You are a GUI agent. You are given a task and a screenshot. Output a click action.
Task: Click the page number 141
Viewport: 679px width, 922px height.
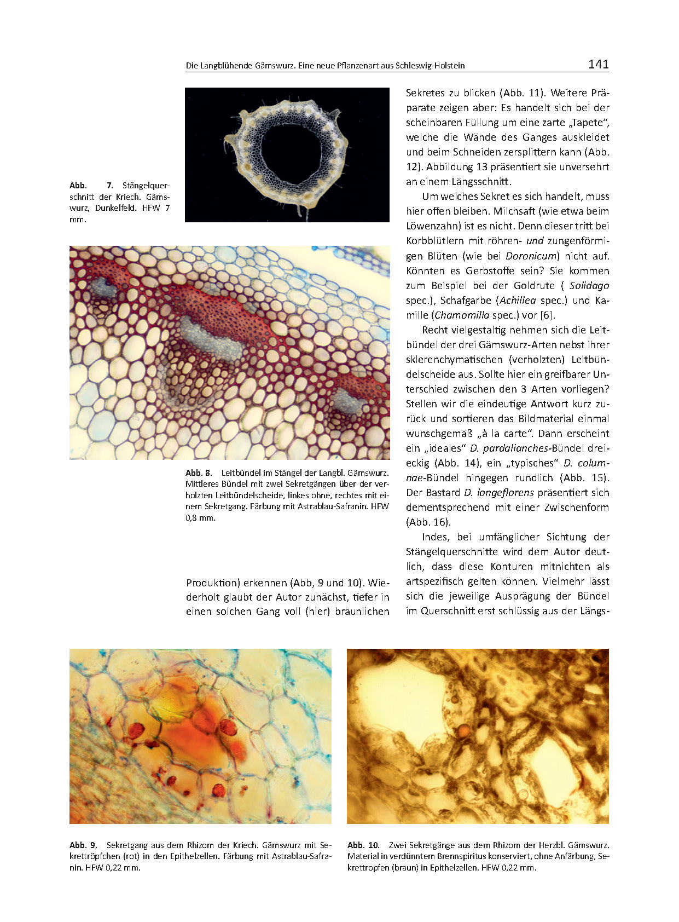[598, 65]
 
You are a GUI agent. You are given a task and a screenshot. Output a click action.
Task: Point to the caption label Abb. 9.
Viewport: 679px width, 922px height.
[83, 845]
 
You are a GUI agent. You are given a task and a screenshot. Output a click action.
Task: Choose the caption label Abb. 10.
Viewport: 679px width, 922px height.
[363, 845]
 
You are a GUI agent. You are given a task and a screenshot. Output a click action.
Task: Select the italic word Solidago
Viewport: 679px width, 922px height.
[589, 285]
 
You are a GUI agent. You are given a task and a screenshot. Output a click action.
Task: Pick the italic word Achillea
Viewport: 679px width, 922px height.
[517, 300]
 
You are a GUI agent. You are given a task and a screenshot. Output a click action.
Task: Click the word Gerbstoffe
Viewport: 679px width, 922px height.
[490, 270]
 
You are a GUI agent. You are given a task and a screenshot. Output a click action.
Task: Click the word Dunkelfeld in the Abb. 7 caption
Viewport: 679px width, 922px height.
[116, 208]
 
